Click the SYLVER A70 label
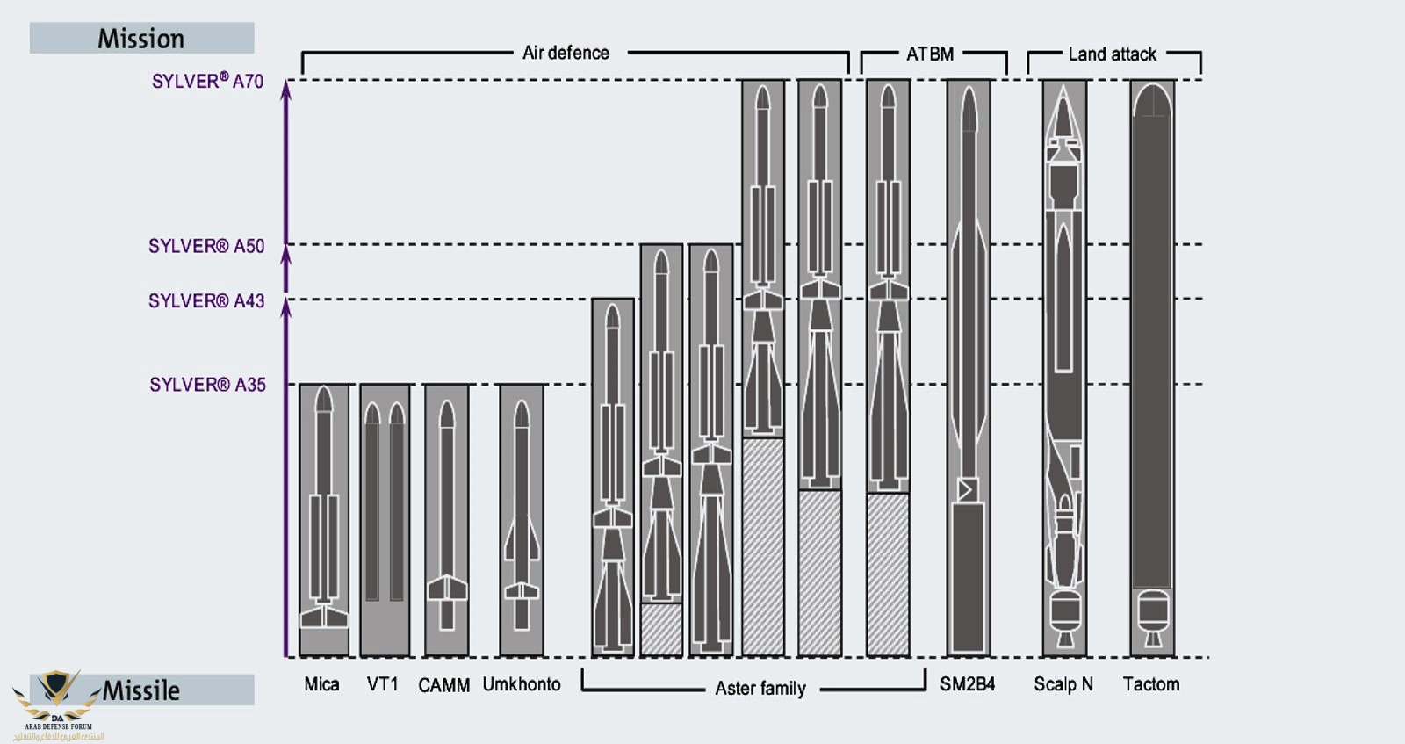(207, 81)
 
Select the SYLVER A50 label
(206, 246)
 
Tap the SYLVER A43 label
(206, 300)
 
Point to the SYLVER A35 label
(207, 385)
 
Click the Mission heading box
(141, 39)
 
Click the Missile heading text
(141, 690)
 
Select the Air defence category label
(566, 53)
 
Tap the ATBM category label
(930, 54)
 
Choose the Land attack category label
(1112, 54)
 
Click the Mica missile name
(321, 684)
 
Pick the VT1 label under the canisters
(383, 684)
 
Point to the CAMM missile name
(443, 685)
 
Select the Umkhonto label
(522, 684)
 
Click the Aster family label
(760, 688)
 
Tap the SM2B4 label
(968, 684)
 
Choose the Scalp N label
(1063, 684)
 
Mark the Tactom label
(1151, 684)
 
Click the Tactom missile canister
(1152, 369)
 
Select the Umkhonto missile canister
(522, 520)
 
